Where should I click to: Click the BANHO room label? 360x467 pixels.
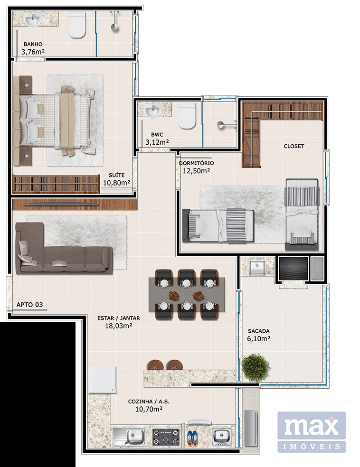(33, 45)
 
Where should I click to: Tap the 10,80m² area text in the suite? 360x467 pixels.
(116, 183)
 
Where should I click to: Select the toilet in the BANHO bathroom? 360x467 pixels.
(77, 25)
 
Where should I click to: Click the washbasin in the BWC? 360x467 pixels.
(153, 110)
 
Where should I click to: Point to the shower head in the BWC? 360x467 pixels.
(221, 125)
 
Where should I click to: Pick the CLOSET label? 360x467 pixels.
(294, 146)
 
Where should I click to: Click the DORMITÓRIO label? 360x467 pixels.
(196, 163)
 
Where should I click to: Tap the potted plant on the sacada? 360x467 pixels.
(256, 367)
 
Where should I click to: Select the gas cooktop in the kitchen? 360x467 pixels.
(166, 437)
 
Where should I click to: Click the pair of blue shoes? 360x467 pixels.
(192, 438)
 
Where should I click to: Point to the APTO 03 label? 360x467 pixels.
(29, 305)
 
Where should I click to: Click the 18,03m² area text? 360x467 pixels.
(119, 326)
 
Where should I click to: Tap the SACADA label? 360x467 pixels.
(259, 331)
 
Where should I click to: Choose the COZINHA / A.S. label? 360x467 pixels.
(149, 402)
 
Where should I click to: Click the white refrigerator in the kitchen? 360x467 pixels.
(102, 380)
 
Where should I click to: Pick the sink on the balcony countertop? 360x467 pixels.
(258, 267)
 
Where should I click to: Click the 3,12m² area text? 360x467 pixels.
(157, 142)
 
